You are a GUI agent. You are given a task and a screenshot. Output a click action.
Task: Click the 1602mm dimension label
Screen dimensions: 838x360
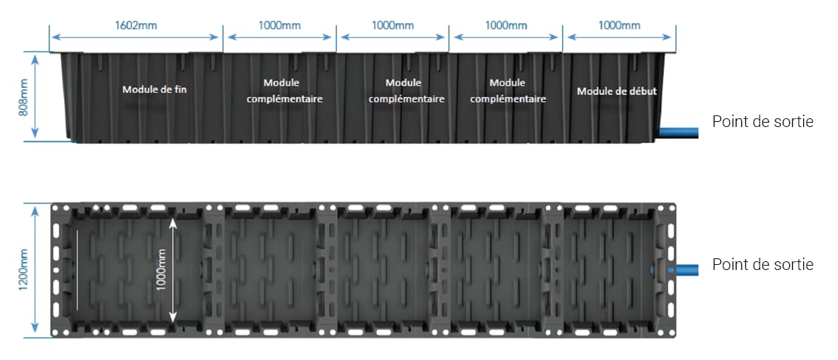click(x=136, y=25)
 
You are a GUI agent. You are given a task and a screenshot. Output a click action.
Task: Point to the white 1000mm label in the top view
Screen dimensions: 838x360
click(x=162, y=270)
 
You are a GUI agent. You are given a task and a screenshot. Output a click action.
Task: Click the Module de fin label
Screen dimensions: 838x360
click(x=155, y=89)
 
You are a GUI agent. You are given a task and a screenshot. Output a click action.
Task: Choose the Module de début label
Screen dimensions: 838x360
click(x=617, y=91)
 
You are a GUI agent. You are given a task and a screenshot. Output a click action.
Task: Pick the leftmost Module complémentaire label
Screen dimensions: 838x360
click(x=285, y=91)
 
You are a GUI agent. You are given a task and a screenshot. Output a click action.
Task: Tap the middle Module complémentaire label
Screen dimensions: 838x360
click(x=407, y=91)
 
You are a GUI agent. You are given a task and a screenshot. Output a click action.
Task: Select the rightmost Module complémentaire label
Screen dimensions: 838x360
click(x=508, y=91)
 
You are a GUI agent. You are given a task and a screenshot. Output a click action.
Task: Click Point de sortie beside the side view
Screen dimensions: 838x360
click(x=762, y=122)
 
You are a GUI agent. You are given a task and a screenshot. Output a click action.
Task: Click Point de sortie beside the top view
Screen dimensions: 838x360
click(x=762, y=264)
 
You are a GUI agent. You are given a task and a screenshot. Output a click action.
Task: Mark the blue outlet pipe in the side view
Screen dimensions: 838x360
click(x=679, y=132)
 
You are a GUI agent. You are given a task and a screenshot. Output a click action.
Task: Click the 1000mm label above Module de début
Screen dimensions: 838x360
click(x=619, y=25)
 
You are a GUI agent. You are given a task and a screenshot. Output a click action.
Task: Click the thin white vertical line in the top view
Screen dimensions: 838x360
click(x=77, y=270)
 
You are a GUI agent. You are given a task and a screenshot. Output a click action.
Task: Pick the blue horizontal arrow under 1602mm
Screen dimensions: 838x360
click(x=136, y=37)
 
